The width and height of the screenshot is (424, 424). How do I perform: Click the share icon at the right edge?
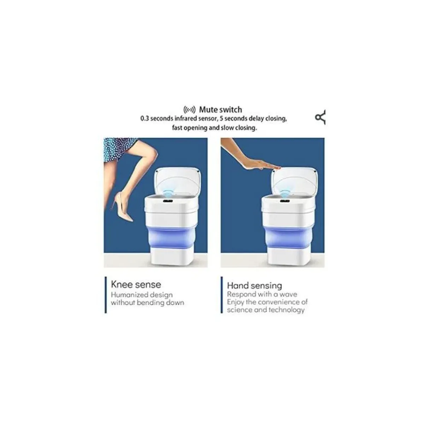click(320, 118)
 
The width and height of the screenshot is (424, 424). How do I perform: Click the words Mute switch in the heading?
click(220, 110)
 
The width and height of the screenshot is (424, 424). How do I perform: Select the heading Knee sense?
click(136, 284)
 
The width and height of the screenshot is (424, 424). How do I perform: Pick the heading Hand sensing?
click(254, 285)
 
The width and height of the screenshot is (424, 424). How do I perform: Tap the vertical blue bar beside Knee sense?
click(106, 295)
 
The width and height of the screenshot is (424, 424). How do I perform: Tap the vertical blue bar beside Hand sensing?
click(222, 295)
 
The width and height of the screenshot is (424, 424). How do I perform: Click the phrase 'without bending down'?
click(147, 303)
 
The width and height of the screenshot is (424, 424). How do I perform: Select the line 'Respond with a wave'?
click(262, 294)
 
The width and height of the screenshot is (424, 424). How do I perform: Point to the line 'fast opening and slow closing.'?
click(214, 128)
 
